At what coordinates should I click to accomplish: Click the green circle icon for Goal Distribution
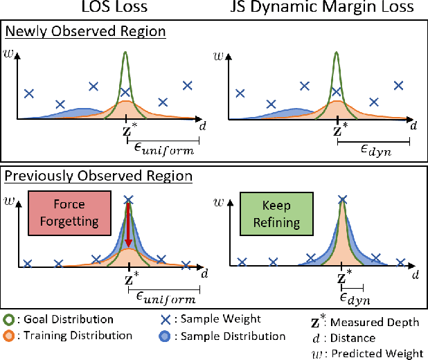point(9,320)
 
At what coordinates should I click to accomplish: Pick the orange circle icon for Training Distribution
point(9,336)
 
